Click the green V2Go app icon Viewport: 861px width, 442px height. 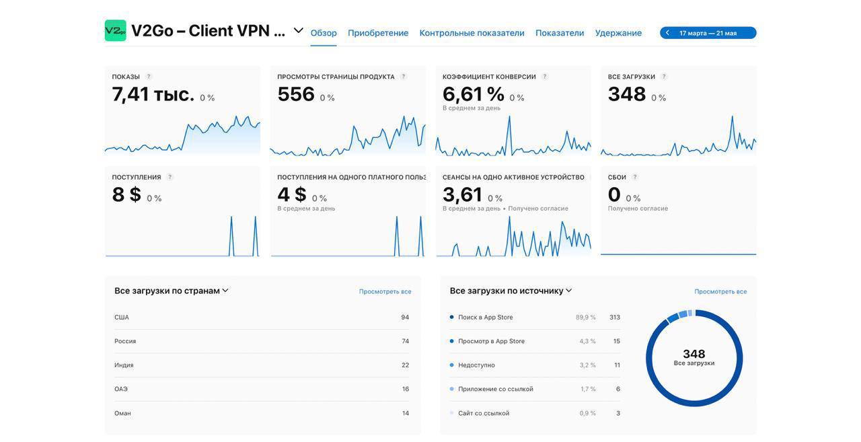point(115,30)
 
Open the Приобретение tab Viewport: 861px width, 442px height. point(378,33)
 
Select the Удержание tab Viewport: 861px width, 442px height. point(618,33)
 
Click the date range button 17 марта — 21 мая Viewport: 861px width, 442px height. point(708,33)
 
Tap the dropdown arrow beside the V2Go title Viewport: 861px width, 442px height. point(299,30)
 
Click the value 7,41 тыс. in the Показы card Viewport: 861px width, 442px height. point(153,94)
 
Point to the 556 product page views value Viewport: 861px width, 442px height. point(296,94)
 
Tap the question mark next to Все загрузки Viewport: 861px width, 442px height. point(664,77)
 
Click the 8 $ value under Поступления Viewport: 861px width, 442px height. point(126,194)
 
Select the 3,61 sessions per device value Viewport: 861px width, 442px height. point(462,194)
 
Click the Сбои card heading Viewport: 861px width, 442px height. point(617,178)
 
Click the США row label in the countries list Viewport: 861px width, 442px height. point(122,318)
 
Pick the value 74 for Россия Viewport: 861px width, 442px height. point(406,341)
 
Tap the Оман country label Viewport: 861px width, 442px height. point(122,413)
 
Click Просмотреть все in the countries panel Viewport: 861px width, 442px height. point(385,292)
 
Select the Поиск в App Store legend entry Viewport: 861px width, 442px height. point(485,318)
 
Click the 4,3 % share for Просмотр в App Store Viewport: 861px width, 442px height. point(587,341)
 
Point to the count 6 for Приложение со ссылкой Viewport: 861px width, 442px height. point(618,389)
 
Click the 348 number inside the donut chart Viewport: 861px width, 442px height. point(694,354)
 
